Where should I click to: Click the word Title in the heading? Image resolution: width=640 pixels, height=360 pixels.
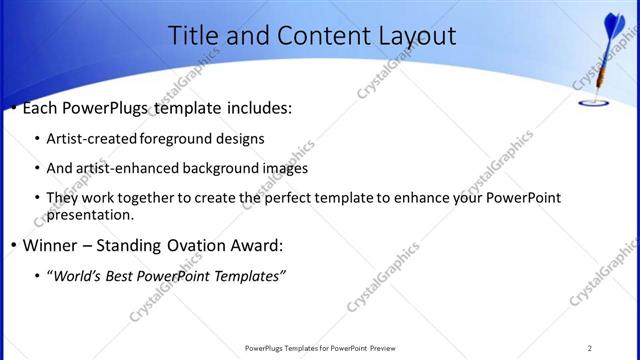192,36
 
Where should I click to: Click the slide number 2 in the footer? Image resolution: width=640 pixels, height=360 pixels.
590,347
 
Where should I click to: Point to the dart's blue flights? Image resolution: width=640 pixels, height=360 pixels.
613,25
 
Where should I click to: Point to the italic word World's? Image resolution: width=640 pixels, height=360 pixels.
77,275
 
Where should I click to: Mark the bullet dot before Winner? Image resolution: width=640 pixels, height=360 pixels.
12,246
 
